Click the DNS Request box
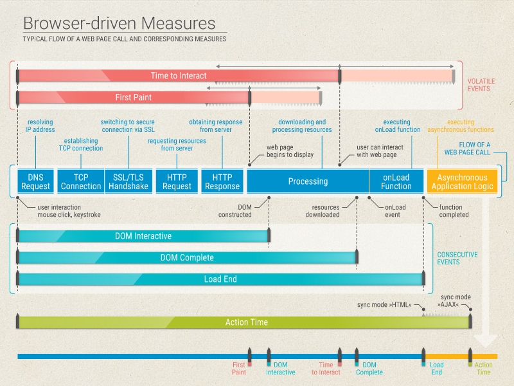coord(36,181)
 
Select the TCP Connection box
coord(81,181)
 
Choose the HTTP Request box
coord(177,181)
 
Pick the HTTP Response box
coord(222,181)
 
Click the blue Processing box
coord(308,181)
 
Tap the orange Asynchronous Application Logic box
coord(462,181)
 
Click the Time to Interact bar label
coord(179,76)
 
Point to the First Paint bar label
coord(134,97)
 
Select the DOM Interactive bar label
coord(143,236)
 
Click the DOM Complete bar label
coord(187,258)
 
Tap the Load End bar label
coord(220,279)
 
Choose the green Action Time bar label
coord(246,322)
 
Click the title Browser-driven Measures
coord(120,24)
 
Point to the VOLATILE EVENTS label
coord(481,85)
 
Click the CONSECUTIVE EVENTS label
coord(457,258)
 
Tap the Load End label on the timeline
coord(436,369)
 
